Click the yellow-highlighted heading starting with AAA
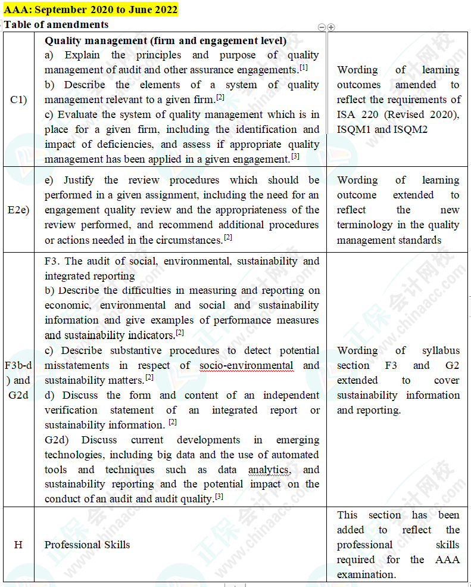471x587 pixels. pos(91,10)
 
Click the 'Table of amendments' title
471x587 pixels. pos(56,24)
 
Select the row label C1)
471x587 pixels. pos(18,100)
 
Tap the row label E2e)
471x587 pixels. pos(18,210)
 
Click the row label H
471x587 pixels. pos(18,545)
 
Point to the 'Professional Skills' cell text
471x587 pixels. pos(87,545)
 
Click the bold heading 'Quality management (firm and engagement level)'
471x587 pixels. pos(166,41)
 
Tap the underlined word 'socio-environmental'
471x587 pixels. pos(247,365)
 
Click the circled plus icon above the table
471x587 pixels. pos(331,27)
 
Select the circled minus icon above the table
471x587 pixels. pos(322,27)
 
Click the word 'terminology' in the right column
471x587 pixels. pos(364,225)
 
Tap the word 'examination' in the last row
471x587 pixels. pos(365,574)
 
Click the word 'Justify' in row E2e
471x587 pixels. pos(79,180)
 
